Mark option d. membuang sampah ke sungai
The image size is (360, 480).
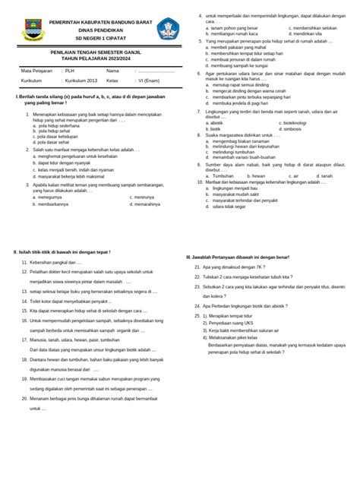click(236, 65)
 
